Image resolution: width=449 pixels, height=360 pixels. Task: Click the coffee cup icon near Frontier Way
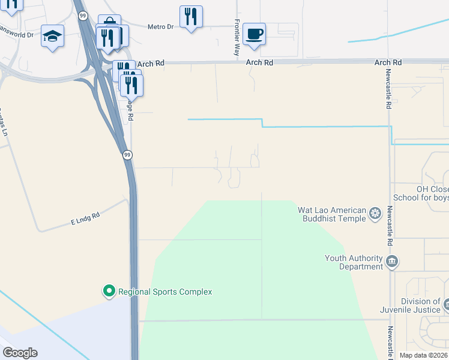(255, 34)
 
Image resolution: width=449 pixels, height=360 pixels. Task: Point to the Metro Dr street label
(160, 26)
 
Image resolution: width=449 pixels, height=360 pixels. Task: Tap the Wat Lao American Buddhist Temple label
(332, 214)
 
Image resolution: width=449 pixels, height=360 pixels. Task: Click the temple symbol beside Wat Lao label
(376, 214)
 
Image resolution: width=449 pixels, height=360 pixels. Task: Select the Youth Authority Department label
(354, 262)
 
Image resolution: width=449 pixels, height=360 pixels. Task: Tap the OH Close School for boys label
(421, 193)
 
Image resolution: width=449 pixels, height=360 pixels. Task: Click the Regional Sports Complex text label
(165, 292)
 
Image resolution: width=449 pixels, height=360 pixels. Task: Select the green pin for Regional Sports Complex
(109, 292)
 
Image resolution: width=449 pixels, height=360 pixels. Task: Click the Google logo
(20, 353)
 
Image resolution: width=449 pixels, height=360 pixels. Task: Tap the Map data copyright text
(423, 355)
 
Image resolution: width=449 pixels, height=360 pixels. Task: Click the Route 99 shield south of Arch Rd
(127, 155)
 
